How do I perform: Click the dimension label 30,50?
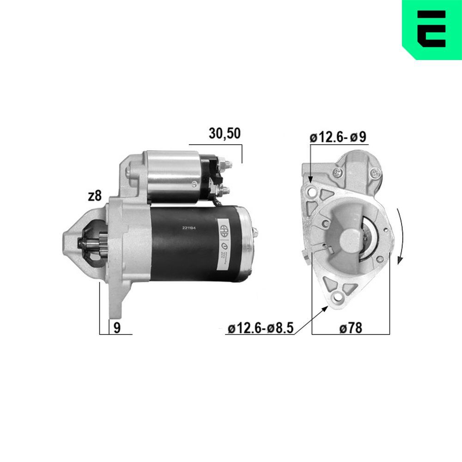(225, 134)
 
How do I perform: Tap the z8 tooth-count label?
(94, 196)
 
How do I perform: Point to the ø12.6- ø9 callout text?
(338, 137)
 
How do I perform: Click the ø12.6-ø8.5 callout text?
(261, 328)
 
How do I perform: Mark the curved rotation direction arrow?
(400, 236)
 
